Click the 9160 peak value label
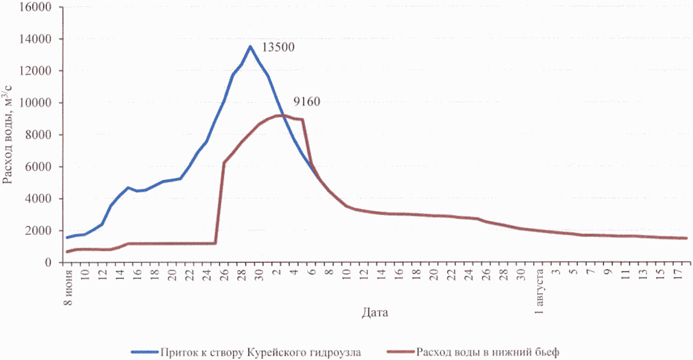pyautogui.click(x=307, y=101)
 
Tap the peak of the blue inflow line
pyautogui.click(x=250, y=46)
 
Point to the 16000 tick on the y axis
pyautogui.click(x=40, y=7)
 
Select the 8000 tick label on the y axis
pyautogui.click(x=43, y=135)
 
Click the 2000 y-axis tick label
pyautogui.click(x=43, y=230)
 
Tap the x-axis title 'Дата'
pyautogui.click(x=374, y=313)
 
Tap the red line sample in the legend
pyautogui.click(x=400, y=352)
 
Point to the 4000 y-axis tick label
pyautogui.click(x=43, y=199)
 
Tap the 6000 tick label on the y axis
pyautogui.click(x=43, y=167)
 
